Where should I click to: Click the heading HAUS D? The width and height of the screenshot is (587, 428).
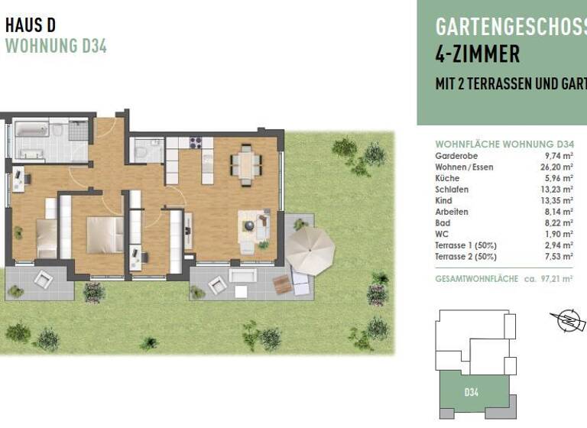[x=31, y=24]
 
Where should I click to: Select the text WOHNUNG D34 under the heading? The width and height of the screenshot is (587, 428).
[x=56, y=46]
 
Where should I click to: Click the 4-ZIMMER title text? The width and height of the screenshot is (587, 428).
[x=478, y=54]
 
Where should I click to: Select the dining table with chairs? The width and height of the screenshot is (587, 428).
[x=246, y=164]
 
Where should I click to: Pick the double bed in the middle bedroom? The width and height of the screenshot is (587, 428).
[x=104, y=235]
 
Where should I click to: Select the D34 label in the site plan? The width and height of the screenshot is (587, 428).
[x=472, y=393]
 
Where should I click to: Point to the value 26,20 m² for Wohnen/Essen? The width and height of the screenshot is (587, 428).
[x=558, y=167]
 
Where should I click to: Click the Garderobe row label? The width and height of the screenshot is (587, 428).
[x=452, y=156]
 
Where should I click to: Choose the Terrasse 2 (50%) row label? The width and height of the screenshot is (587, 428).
[x=466, y=256]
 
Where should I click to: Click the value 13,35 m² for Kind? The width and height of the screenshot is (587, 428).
[x=558, y=200]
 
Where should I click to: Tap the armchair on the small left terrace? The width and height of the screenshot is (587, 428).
[x=44, y=279]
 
